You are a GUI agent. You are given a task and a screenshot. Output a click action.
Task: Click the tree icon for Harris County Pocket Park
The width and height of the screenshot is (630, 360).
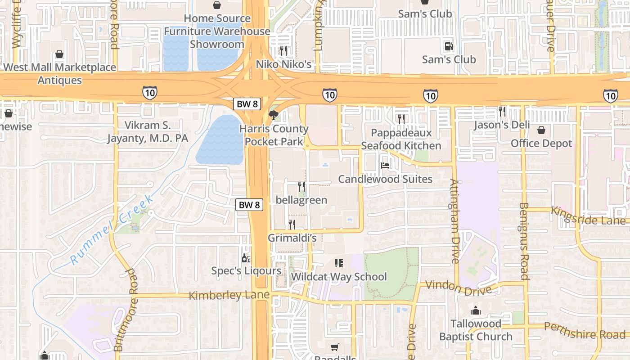click(273, 115)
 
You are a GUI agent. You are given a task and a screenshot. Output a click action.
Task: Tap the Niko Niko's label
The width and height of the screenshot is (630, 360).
click(283, 64)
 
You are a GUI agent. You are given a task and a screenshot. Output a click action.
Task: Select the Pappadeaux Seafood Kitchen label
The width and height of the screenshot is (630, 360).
click(401, 139)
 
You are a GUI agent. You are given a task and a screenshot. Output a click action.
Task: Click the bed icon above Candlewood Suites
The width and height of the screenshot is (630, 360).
click(385, 166)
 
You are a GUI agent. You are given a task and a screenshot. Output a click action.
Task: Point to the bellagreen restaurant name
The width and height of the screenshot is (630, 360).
click(301, 200)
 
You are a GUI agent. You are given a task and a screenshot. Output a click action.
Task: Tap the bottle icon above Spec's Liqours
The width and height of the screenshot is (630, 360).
click(246, 258)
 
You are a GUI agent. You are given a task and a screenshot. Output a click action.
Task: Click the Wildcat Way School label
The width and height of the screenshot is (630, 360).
click(339, 276)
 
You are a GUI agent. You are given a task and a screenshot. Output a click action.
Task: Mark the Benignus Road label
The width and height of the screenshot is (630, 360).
click(524, 241)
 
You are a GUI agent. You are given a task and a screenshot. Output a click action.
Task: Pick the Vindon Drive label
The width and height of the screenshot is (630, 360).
click(458, 288)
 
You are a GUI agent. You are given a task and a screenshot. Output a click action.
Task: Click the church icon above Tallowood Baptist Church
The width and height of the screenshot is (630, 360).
click(476, 310)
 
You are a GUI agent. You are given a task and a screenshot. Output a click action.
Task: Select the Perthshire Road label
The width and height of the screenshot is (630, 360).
click(585, 331)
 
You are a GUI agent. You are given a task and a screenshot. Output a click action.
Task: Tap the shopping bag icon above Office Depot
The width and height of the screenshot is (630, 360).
click(541, 130)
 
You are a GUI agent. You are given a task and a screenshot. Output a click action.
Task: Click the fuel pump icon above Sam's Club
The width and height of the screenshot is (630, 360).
click(449, 46)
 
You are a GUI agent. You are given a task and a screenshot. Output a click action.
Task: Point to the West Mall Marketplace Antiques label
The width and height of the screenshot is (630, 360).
click(60, 74)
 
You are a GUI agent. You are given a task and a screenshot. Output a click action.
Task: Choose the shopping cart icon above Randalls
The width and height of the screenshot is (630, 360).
click(334, 347)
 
